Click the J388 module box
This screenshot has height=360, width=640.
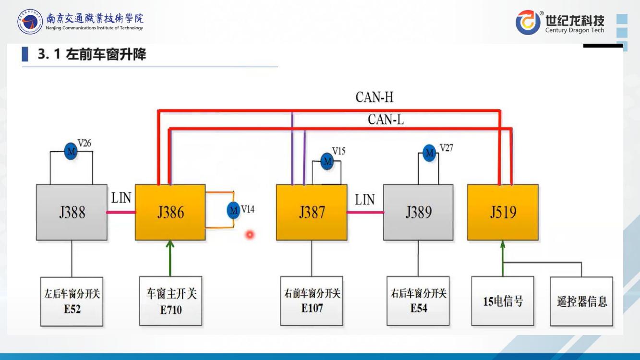(x=72, y=212)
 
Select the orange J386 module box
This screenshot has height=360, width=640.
(x=170, y=212)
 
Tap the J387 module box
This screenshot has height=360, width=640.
(x=312, y=212)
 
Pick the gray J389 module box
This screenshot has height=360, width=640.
(x=418, y=212)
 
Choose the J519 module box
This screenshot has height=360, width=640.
(x=503, y=212)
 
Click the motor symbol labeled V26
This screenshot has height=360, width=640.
(x=71, y=152)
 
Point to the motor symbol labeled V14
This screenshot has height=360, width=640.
(x=233, y=210)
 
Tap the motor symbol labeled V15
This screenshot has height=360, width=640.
(x=327, y=161)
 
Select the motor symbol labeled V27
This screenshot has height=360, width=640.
(x=429, y=153)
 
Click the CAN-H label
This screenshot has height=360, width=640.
(x=374, y=97)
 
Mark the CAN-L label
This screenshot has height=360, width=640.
(x=386, y=120)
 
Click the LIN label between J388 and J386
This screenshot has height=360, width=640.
(x=121, y=198)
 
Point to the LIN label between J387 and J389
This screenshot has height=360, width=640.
(x=364, y=200)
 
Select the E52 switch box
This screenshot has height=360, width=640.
(x=72, y=301)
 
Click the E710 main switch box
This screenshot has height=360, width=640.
(x=171, y=301)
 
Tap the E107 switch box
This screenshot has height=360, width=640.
(x=312, y=300)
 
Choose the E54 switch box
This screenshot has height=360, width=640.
(x=418, y=300)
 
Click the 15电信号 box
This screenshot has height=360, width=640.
(x=503, y=301)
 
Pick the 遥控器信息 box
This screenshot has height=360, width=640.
(x=581, y=301)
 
